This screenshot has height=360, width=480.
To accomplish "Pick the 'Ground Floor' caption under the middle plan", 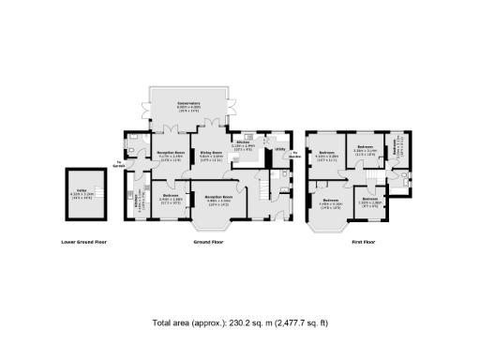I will click(208, 242).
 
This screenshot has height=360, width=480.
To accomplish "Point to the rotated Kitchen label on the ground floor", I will click(136, 201).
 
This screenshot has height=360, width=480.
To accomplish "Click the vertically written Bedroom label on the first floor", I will click(397, 146).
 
